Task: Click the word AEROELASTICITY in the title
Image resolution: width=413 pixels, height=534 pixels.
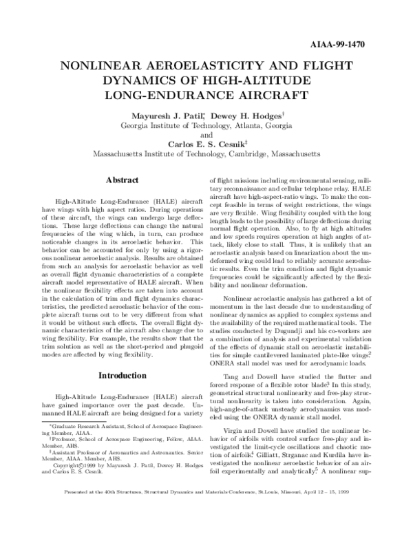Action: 194,67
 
